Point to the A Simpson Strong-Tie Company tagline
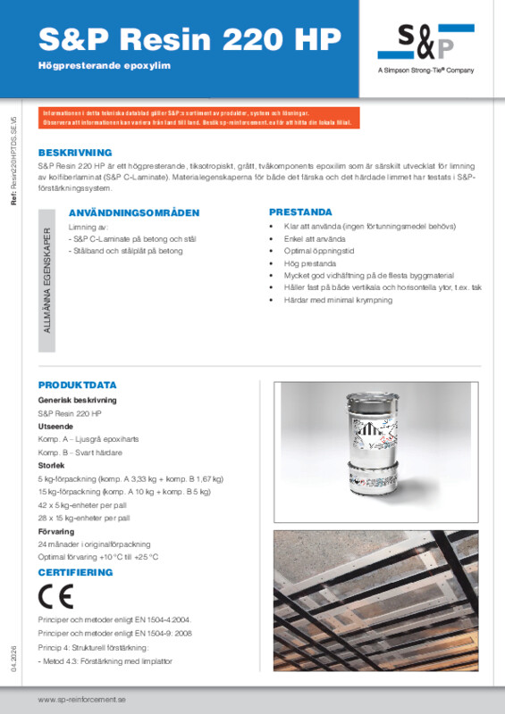[x=425, y=71]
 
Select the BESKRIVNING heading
[x=75, y=153]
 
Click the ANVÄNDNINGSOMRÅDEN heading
[x=134, y=213]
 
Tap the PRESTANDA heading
[x=300, y=212]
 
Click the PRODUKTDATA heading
[x=78, y=385]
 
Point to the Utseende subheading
[x=55, y=427]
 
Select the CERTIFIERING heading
[x=76, y=571]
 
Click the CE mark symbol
[x=53, y=596]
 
